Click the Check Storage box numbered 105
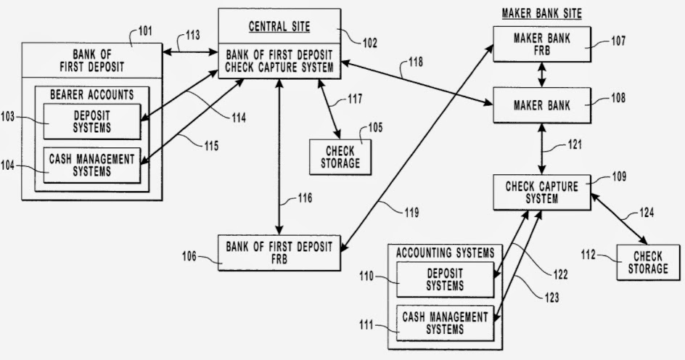[x=340, y=156]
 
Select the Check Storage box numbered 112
[x=649, y=263]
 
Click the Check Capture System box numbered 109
[x=541, y=192]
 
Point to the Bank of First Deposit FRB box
[x=279, y=253]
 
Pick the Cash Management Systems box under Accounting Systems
[x=445, y=323]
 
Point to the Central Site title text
[x=279, y=28]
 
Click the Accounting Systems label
[x=445, y=253]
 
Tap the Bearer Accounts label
[x=91, y=94]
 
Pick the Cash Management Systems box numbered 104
[x=91, y=165]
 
